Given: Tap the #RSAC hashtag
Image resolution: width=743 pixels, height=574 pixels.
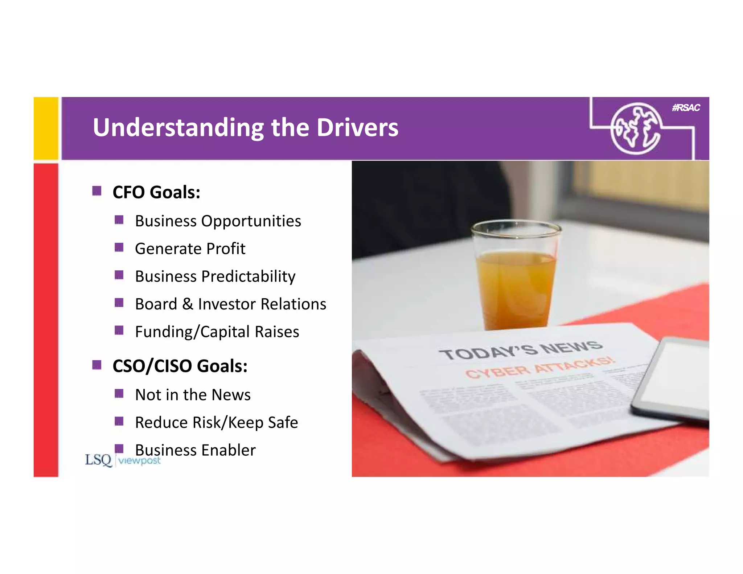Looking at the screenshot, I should pos(686,108).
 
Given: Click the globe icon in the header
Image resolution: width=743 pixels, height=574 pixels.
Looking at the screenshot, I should pos(635,128).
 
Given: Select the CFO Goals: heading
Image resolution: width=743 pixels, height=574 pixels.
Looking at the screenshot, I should pos(156,192).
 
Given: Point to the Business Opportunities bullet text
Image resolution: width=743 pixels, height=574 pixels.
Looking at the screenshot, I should pos(218,221).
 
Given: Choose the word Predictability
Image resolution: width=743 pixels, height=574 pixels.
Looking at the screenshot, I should pos(248,276).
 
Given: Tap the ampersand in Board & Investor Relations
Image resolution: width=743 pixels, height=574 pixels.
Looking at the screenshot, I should pos(187,304).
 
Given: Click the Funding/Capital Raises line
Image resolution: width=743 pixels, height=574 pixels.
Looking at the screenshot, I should pos(217,332).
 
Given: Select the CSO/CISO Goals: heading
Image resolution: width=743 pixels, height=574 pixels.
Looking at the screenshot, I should pos(180,366).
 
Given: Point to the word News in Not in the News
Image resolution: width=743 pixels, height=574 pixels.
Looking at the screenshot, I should pos(231,395).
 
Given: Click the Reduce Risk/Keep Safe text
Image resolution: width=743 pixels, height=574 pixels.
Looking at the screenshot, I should pos(216,422).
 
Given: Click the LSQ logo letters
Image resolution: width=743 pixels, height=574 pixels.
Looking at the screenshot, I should pos(98,460).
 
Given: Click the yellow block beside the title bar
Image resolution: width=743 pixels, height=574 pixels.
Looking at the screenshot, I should pos(46,128).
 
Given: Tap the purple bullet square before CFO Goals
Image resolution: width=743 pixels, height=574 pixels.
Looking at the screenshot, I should pos(97,191).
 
